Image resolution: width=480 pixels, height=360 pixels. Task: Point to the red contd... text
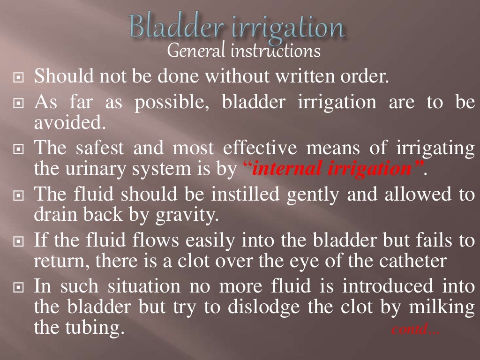click(415, 330)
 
